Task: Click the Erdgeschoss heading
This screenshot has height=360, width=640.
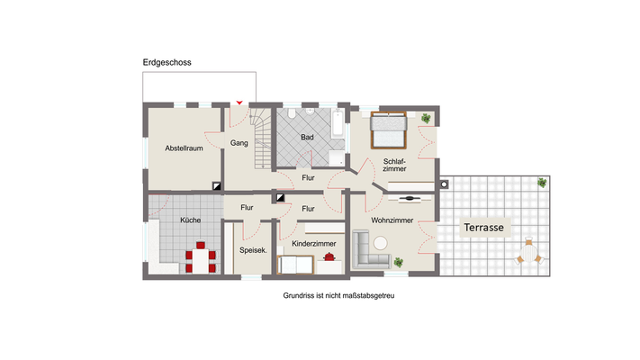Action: point(167,62)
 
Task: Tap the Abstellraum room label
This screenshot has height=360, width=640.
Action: point(183,148)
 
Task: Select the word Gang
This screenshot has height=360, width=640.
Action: point(239,143)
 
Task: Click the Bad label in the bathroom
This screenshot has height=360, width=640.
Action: point(307,137)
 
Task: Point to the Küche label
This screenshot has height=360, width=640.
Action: point(190,220)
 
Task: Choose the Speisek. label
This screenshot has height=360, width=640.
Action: point(252,250)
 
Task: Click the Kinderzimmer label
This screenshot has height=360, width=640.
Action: point(314,244)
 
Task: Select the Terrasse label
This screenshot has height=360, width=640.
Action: point(483,228)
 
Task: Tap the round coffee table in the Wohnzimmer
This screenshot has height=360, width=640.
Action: point(381,242)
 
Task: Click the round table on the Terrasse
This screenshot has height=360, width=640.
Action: point(529,254)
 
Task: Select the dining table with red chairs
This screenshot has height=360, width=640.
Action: point(201,259)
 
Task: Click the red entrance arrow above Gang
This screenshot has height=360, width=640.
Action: point(239,102)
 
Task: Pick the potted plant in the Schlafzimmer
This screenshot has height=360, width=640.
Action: point(426,118)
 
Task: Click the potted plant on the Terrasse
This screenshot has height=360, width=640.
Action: point(542,183)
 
